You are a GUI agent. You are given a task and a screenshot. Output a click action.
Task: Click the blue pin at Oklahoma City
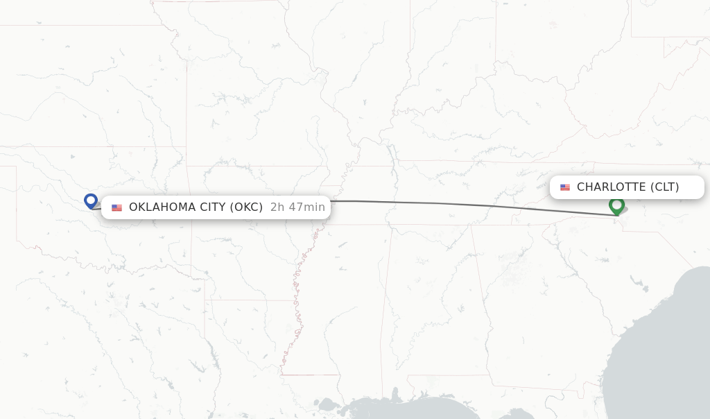(x=90, y=200)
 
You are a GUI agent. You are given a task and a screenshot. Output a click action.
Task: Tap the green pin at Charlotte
(x=616, y=205)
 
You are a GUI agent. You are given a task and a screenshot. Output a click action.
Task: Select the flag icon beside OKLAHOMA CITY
(x=116, y=207)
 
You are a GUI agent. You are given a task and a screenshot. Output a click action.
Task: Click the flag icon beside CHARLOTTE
(x=565, y=187)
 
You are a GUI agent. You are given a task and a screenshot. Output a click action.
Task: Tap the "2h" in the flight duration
(x=277, y=207)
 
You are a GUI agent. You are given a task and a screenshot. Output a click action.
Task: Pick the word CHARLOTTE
(x=611, y=187)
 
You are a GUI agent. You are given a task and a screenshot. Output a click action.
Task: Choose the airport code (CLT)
(x=665, y=187)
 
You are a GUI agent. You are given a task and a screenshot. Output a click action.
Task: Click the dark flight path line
(x=451, y=204)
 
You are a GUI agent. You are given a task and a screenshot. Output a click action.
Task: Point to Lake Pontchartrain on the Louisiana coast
(x=326, y=403)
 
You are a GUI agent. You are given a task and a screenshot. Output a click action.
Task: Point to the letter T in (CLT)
(x=671, y=187)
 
